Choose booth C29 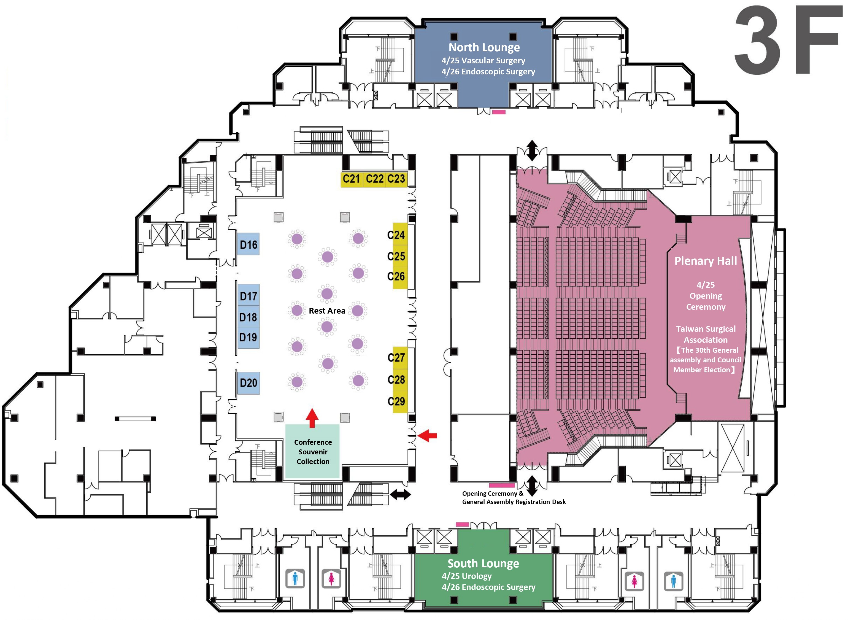click(396, 401)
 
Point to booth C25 click(396, 256)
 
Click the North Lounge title click(484, 47)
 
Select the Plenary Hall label click(705, 261)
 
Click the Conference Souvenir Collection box click(313, 451)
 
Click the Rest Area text click(327, 311)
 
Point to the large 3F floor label click(788, 41)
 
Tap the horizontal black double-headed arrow click(400, 495)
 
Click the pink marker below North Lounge click(499, 112)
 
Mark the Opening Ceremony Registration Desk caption click(513, 498)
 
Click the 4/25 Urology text click(466, 576)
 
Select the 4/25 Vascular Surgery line click(483, 60)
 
